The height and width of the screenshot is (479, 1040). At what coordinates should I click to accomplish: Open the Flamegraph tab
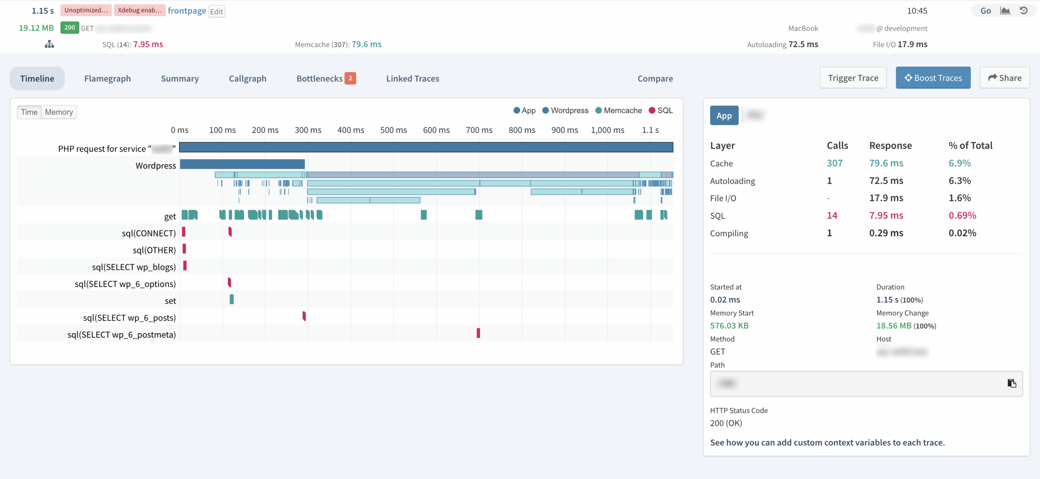(x=107, y=78)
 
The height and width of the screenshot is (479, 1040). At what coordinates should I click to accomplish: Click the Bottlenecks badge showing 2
(x=350, y=78)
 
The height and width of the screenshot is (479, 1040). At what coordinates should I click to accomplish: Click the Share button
(x=1005, y=78)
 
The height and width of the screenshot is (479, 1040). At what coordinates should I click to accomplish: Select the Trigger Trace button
(x=853, y=78)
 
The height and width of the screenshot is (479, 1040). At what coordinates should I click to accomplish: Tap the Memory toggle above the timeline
(x=59, y=112)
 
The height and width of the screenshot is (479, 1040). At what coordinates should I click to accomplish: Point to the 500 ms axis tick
(x=393, y=130)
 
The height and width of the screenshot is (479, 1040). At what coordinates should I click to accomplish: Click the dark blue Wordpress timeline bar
(x=242, y=164)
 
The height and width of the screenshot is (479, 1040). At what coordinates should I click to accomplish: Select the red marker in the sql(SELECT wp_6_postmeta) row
(x=478, y=333)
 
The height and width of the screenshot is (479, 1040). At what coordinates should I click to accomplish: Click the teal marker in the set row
(x=232, y=299)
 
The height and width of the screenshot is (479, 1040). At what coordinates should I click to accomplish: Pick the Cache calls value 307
(x=834, y=163)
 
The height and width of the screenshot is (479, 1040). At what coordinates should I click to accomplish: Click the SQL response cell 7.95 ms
(x=886, y=215)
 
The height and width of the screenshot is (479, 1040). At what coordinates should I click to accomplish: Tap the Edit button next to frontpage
(x=217, y=11)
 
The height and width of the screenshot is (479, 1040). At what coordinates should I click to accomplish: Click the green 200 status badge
(x=69, y=28)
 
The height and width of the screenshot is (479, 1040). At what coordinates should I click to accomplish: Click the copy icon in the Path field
(x=1012, y=383)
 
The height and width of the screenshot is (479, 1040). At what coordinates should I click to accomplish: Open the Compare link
(x=655, y=78)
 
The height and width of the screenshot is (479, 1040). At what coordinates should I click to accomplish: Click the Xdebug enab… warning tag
(x=139, y=10)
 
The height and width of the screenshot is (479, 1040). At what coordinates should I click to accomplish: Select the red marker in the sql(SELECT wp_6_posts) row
(x=304, y=316)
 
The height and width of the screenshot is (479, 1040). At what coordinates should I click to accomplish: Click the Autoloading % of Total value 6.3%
(x=960, y=181)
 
